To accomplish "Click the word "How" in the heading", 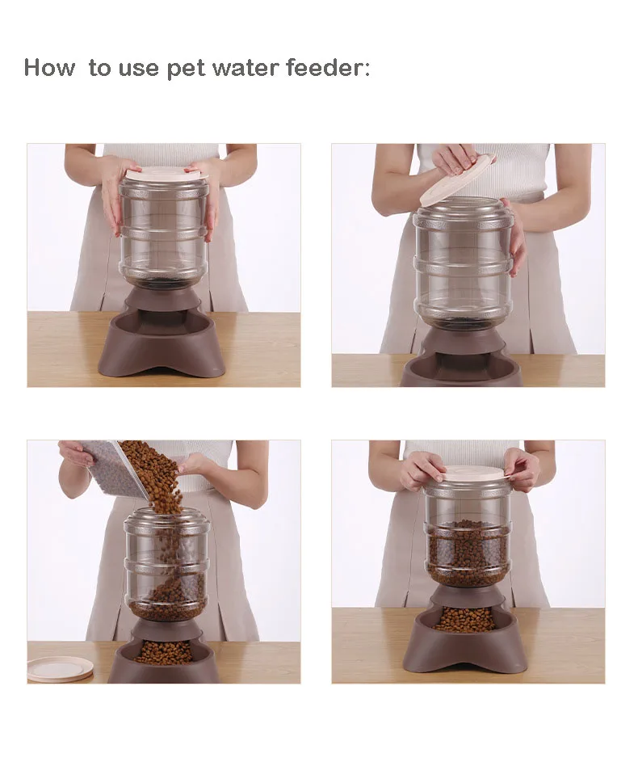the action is [x=49, y=67].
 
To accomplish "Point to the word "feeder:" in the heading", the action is [x=328, y=67].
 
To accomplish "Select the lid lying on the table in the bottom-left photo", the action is [x=61, y=668].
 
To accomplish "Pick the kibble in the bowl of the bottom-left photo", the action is [x=164, y=651].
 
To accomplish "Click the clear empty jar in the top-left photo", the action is [x=163, y=231].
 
